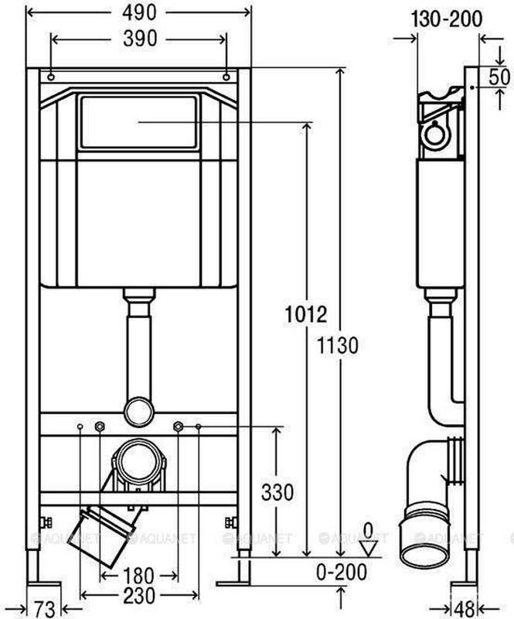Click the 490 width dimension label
(139, 13)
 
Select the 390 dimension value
(140, 39)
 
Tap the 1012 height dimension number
(306, 315)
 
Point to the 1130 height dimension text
(338, 345)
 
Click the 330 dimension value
(277, 493)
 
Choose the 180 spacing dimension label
(138, 576)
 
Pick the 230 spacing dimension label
(139, 596)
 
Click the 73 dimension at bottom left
(44, 610)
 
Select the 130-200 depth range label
(447, 19)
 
